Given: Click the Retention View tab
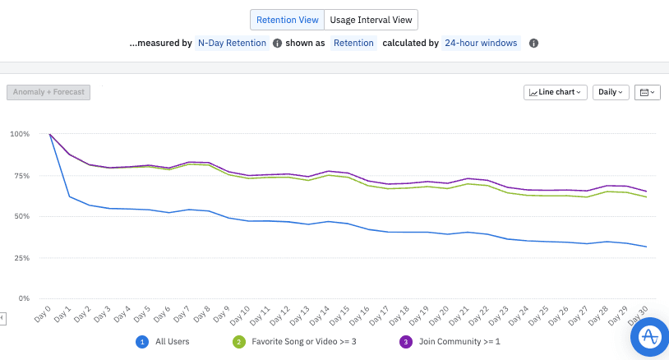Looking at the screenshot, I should (286, 20).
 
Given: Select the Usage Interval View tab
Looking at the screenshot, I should (371, 20).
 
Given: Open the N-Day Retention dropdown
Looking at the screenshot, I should (233, 43).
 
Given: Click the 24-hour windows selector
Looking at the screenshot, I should (481, 43).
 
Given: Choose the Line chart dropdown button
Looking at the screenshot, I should (556, 92).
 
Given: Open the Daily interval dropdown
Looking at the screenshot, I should (611, 92).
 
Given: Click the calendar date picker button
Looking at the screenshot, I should (648, 92).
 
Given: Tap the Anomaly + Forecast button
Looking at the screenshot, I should (48, 92).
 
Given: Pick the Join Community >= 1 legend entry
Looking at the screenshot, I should (448, 340).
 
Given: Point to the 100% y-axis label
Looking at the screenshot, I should (20, 134).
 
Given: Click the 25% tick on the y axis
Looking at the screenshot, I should (21, 258).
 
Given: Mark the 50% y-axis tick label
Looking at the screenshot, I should (21, 217).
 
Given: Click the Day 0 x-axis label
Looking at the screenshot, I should (44, 313).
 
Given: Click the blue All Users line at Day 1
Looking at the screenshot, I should (70, 196).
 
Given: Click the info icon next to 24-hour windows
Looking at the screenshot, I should (533, 43).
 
